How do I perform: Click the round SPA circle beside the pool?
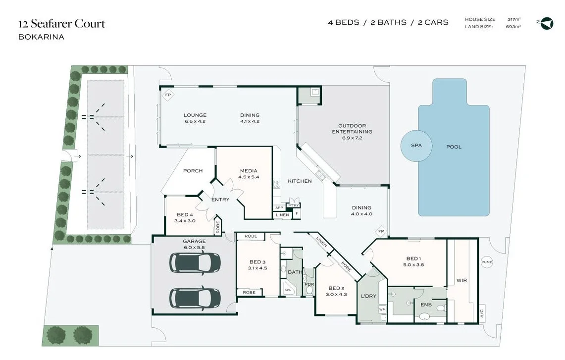click(x=416, y=146)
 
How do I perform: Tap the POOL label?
click(x=454, y=147)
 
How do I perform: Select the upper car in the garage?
click(x=195, y=262)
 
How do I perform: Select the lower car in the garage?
click(x=195, y=297)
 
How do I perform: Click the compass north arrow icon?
click(x=547, y=23)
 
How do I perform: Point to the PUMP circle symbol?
click(x=486, y=262)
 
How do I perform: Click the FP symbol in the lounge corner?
click(x=168, y=95)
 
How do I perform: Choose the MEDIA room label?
click(x=249, y=171)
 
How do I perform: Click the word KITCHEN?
click(x=300, y=181)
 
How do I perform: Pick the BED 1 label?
click(x=414, y=258)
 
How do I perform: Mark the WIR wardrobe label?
click(x=462, y=280)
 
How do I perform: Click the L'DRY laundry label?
click(x=368, y=296)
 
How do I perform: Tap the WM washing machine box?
click(x=382, y=309)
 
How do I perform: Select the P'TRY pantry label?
click(x=294, y=205)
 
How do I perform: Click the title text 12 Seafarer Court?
click(x=62, y=24)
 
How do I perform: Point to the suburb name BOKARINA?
click(x=41, y=37)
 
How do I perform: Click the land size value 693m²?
click(x=514, y=27)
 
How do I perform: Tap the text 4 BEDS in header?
click(x=343, y=22)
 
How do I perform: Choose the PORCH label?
click(x=193, y=171)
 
